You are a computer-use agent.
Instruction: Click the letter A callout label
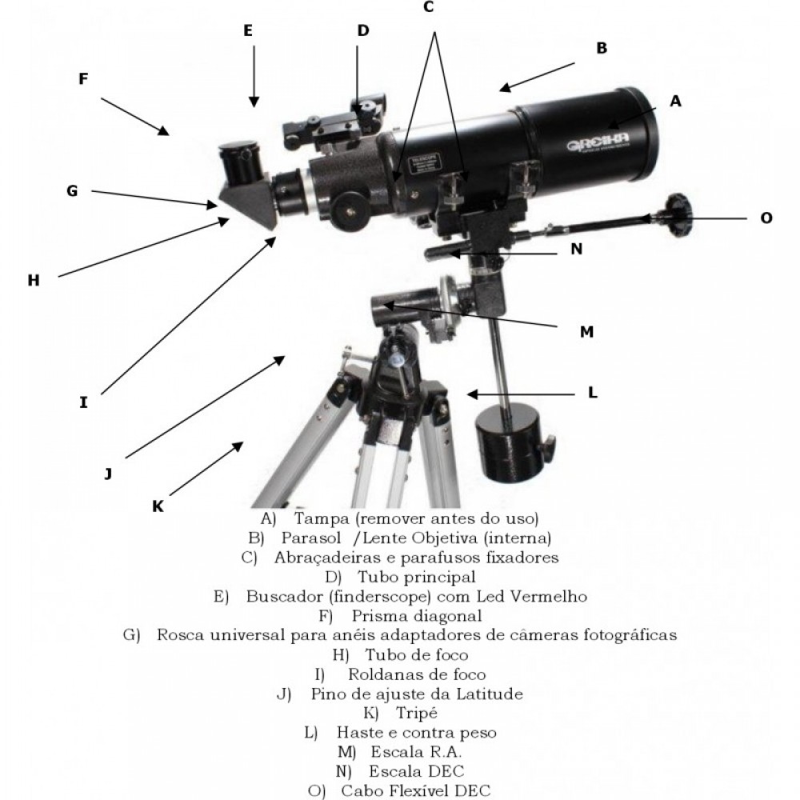(675, 101)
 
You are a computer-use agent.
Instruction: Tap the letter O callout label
(766, 218)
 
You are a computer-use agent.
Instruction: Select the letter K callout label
(158, 506)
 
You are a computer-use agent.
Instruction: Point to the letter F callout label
(83, 79)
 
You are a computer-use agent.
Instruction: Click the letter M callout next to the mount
(586, 332)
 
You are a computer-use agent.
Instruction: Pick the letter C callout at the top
(428, 7)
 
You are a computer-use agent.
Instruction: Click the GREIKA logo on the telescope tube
(598, 142)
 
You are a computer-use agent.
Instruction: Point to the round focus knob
(352, 210)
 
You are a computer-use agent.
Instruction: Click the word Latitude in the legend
(489, 694)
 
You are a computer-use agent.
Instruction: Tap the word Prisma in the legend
(380, 616)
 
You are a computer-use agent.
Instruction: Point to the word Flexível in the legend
(419, 790)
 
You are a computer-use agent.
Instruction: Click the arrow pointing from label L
(521, 394)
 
